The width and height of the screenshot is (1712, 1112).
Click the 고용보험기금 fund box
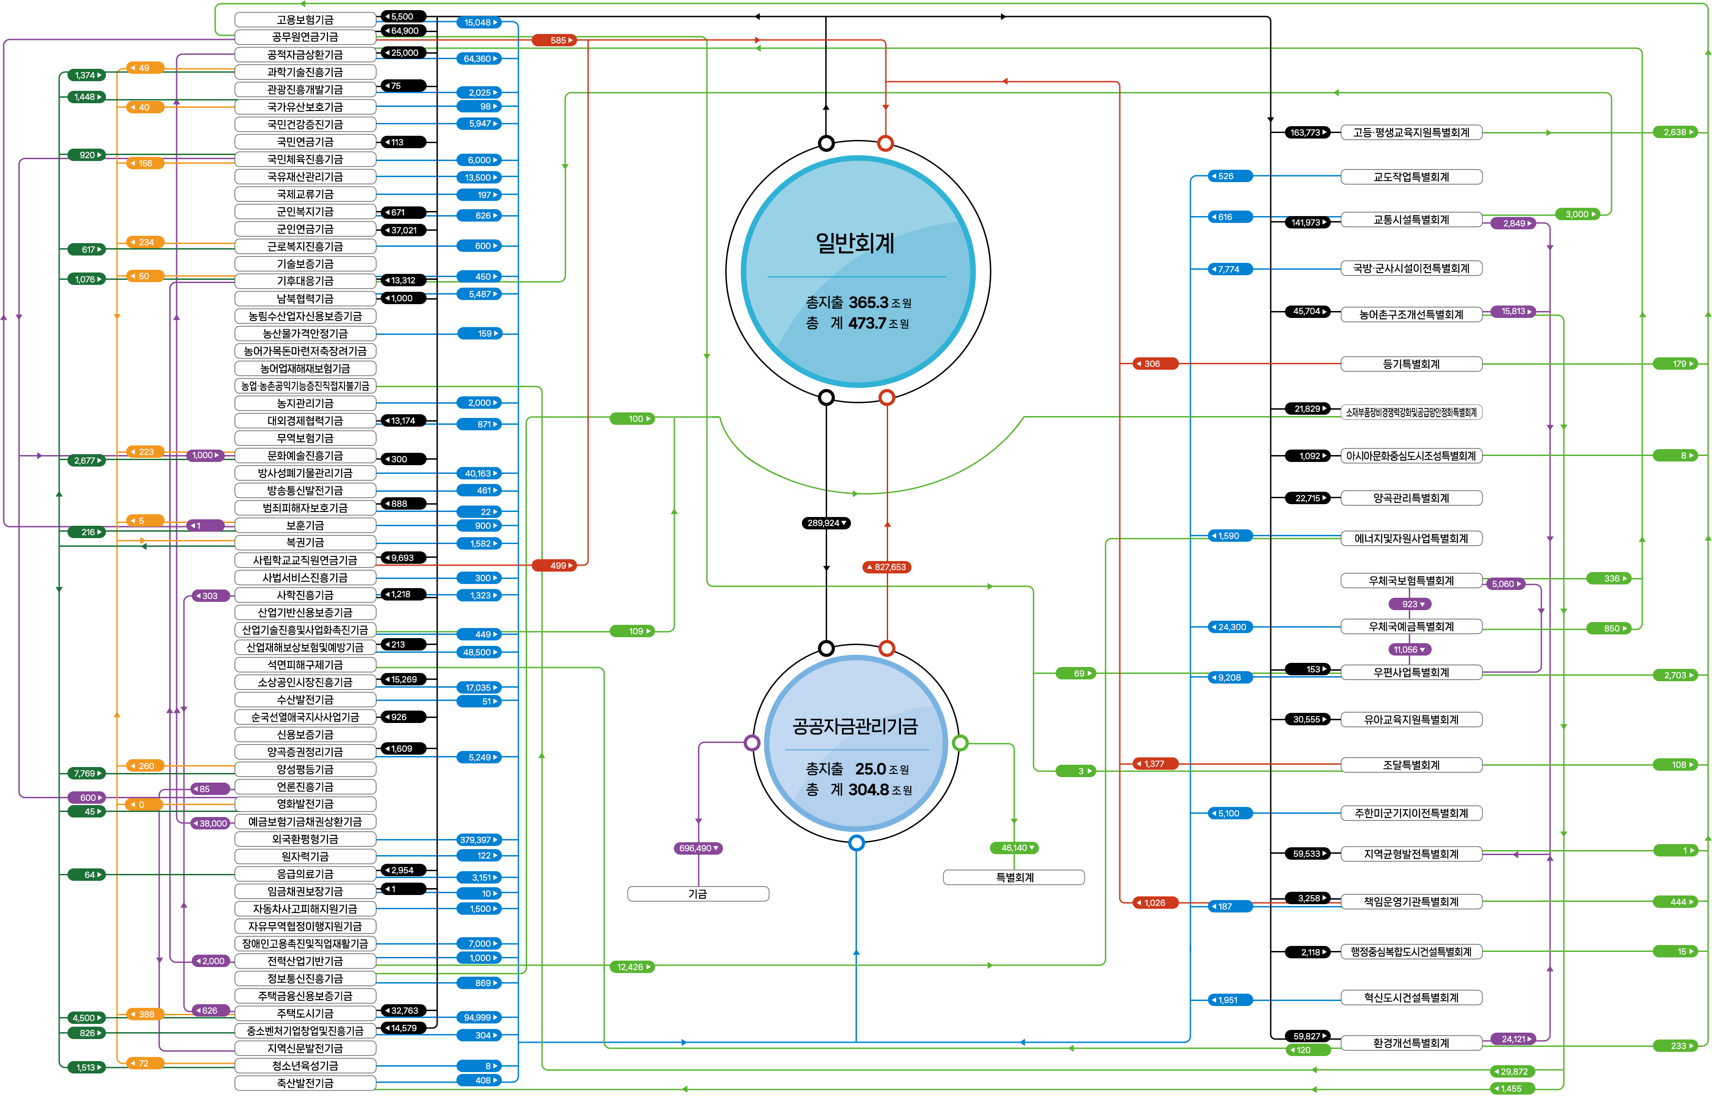305,19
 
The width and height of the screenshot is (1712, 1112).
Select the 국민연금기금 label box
305,142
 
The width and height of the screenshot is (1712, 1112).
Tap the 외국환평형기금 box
305,839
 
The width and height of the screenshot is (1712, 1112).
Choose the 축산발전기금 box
305,1083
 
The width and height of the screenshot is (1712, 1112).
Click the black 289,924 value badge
826,523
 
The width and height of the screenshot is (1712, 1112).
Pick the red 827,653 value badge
887,567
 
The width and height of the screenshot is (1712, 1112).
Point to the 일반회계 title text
855,243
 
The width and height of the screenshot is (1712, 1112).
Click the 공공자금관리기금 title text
855,727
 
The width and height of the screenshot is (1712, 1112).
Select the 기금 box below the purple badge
698,893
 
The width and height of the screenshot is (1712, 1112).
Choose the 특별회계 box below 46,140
1014,877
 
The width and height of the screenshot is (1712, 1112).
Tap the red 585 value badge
554,40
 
